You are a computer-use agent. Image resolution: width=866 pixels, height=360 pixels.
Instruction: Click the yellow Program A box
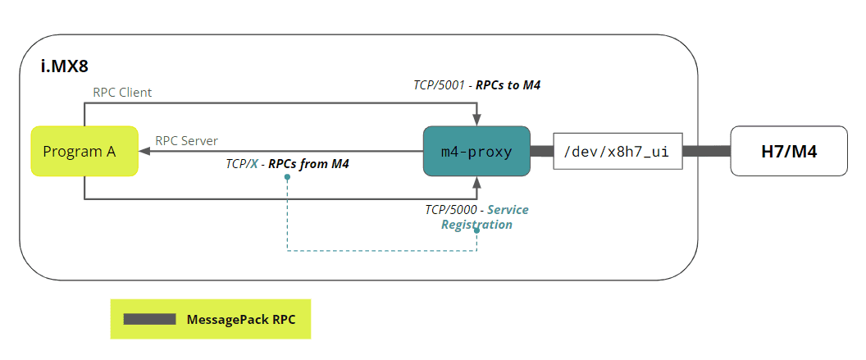tap(84, 151)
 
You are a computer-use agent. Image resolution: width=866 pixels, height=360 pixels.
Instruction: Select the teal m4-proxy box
tap(476, 151)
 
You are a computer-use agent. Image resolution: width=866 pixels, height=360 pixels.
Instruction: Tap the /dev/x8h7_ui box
tap(618, 151)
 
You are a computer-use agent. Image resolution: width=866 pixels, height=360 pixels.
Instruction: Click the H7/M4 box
tap(788, 151)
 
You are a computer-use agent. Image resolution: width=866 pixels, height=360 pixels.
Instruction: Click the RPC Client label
tap(122, 93)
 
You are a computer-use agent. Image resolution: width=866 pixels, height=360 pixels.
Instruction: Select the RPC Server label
tap(186, 141)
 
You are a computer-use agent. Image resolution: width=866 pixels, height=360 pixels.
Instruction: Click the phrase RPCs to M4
tap(508, 84)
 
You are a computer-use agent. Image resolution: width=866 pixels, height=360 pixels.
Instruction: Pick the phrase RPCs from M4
tap(308, 164)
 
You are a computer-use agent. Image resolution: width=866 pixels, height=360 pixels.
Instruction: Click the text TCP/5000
tap(450, 210)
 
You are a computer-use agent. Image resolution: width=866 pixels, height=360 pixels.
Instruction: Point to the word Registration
tap(476, 224)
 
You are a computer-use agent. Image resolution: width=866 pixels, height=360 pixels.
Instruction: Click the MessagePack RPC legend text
tap(241, 318)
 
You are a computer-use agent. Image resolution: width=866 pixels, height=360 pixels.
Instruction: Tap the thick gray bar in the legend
tap(149, 318)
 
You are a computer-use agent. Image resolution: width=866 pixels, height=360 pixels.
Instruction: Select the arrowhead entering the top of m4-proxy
tap(476, 121)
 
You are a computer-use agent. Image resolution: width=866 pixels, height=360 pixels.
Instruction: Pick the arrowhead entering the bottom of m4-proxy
tap(476, 180)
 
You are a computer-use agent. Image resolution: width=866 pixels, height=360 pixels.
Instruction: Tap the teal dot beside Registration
tap(476, 230)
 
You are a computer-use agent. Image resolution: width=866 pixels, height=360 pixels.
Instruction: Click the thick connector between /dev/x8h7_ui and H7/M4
tap(706, 151)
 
